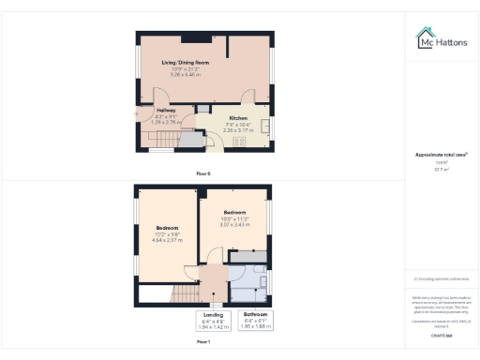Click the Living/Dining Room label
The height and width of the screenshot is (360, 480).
(178, 63)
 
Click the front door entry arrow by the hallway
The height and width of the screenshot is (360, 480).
(137, 114)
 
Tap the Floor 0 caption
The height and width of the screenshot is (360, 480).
(203, 174)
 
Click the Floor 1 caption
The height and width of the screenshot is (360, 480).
(203, 343)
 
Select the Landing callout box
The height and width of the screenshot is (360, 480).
(215, 321)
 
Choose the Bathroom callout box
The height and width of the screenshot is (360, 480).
(256, 321)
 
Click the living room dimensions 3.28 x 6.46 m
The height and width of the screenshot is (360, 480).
(178, 73)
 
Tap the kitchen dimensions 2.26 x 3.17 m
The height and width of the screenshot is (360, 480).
(237, 130)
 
